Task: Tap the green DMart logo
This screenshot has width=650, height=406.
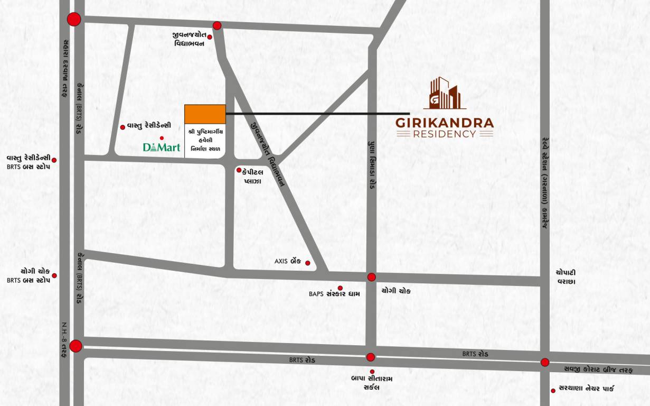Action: (x=162, y=147)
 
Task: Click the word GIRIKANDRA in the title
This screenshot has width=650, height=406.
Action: (x=445, y=123)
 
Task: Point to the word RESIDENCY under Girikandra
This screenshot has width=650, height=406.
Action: (x=445, y=134)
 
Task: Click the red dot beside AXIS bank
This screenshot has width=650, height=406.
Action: (x=308, y=263)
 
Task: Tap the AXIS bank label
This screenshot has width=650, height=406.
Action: (x=288, y=261)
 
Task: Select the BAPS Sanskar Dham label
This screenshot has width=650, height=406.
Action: (x=334, y=294)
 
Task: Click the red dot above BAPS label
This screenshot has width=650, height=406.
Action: (x=340, y=288)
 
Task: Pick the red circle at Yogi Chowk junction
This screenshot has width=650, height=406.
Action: (x=372, y=277)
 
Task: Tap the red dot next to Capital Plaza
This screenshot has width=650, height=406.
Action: (x=239, y=170)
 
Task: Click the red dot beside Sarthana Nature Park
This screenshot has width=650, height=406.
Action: (x=553, y=390)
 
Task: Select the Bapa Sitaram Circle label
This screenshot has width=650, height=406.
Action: (x=372, y=383)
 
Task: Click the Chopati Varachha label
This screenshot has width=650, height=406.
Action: (x=569, y=276)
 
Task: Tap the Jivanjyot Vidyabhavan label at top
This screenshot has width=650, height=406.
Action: (x=189, y=39)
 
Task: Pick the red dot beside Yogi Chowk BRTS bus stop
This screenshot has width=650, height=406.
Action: (x=54, y=275)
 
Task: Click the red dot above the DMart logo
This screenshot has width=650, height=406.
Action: (x=162, y=138)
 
